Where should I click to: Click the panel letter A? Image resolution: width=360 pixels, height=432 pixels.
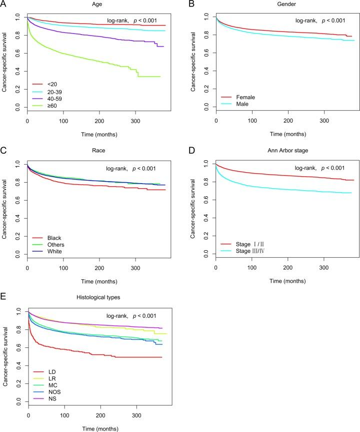click(4, 5)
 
